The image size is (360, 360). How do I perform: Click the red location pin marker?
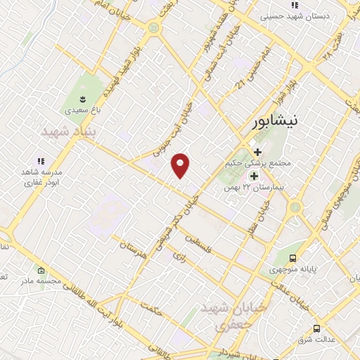pyautogui.click(x=181, y=165)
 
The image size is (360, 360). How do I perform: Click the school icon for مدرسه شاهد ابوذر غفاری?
pyautogui.click(x=40, y=161)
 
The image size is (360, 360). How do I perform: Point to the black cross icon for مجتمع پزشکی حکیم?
pyautogui.click(x=257, y=152)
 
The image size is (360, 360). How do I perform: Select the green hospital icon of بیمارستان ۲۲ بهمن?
pyautogui.click(x=254, y=176)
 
